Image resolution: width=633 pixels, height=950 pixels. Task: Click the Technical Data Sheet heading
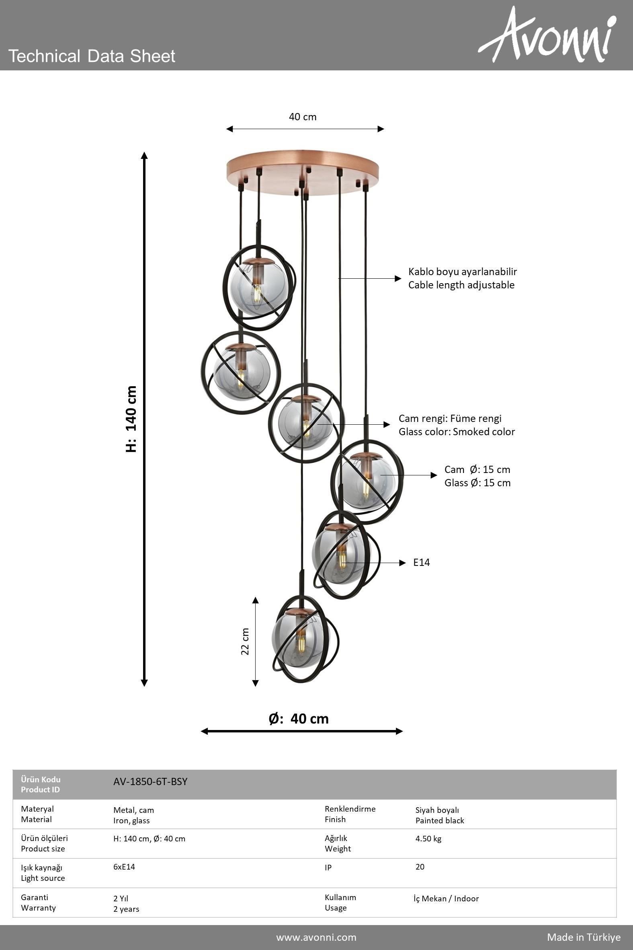click(92, 56)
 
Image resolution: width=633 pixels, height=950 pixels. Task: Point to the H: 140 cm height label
click(131, 419)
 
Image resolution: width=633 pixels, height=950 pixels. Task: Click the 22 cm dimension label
click(245, 642)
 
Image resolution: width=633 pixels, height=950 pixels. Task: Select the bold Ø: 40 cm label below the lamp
click(299, 719)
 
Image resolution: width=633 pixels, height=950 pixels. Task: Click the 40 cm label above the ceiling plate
click(303, 117)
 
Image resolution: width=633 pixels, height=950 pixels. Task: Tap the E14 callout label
click(422, 562)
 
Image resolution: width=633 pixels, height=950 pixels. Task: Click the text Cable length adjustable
click(461, 285)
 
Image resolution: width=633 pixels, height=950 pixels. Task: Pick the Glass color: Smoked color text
click(457, 432)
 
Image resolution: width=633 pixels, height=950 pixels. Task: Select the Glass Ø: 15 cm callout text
click(477, 483)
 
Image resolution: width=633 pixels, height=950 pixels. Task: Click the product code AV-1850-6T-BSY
click(151, 781)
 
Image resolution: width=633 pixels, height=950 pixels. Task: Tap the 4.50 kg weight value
click(428, 839)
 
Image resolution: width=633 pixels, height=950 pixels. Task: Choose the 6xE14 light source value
click(124, 867)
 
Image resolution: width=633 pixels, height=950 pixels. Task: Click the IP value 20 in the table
click(420, 867)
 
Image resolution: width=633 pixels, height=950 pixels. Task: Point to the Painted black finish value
click(440, 820)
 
